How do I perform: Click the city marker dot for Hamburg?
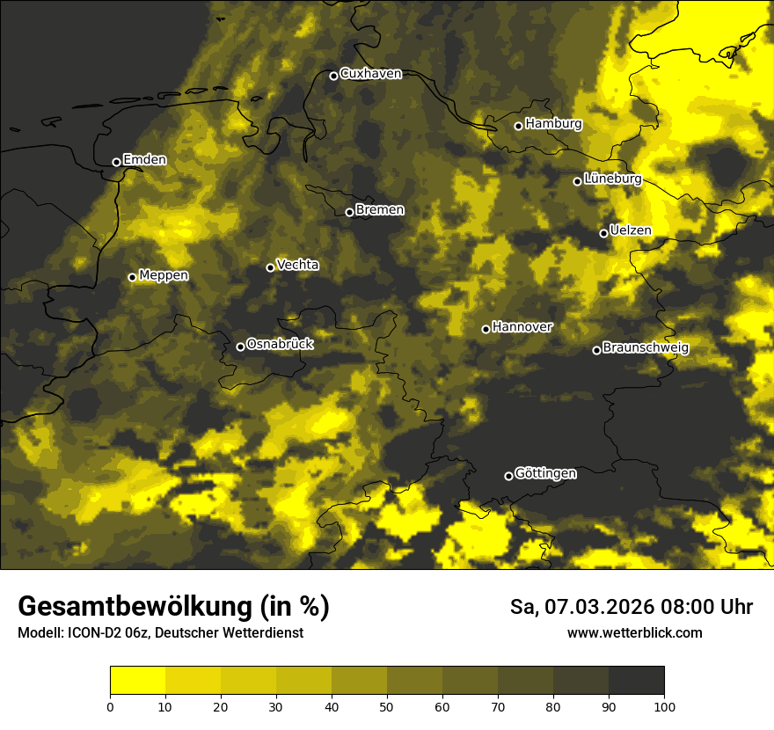(518, 126)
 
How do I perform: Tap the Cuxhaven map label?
(370, 74)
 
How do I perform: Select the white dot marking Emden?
(116, 162)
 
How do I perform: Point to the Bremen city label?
(380, 210)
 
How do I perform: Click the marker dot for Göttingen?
(508, 476)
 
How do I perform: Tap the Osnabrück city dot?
(240, 347)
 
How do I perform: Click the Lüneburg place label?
(612, 179)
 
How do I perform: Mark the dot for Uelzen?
(603, 233)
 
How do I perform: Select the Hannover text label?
(522, 327)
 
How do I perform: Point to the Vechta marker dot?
(270, 267)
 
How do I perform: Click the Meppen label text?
(164, 276)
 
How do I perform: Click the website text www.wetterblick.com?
(635, 632)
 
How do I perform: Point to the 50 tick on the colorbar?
(387, 705)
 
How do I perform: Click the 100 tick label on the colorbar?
(664, 705)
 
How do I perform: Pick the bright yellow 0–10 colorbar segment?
(137, 680)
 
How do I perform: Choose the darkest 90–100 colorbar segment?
(636, 680)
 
